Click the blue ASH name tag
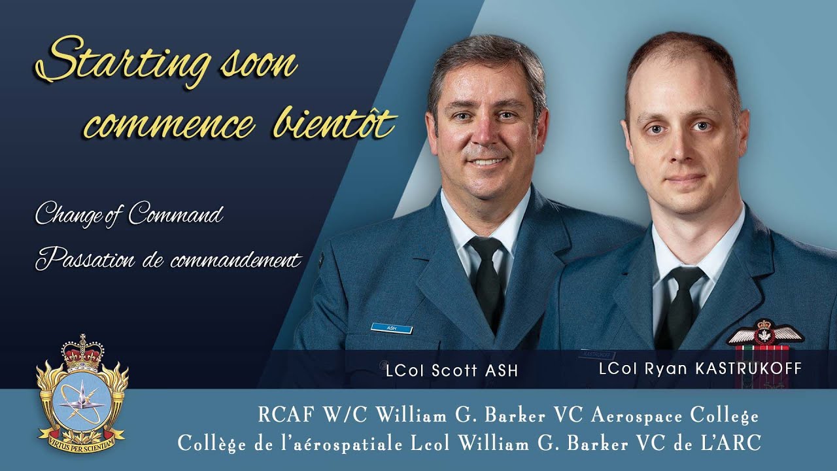[392, 328]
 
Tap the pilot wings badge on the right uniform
[764, 334]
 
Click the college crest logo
[82, 394]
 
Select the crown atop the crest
[82, 353]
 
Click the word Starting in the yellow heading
[122, 61]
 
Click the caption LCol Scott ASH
[452, 370]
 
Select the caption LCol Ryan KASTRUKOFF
[700, 368]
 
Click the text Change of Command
[129, 214]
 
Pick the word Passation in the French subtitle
[85, 258]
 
